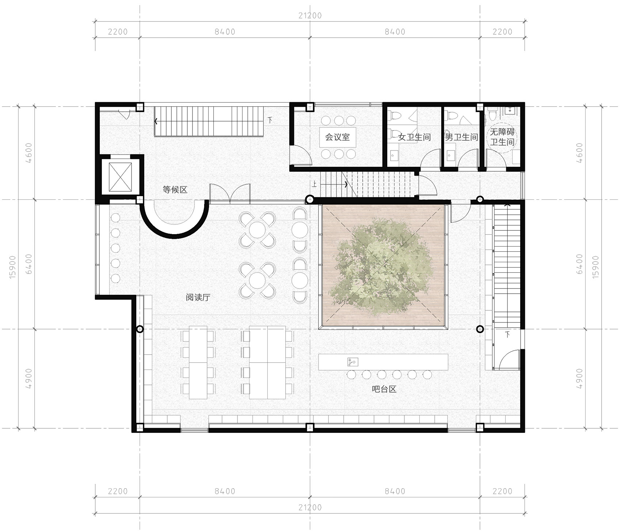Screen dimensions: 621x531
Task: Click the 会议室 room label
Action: [x=338, y=137]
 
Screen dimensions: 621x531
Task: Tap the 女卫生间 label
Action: [x=414, y=137]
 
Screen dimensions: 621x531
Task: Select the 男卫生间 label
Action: [x=461, y=137]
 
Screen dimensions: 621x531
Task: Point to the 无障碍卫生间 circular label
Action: [x=502, y=137]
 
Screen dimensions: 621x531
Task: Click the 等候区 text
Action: [x=175, y=190]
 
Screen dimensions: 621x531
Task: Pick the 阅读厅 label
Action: [x=198, y=297]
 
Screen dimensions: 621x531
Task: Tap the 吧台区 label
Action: [x=384, y=389]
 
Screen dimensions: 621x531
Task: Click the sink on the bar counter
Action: [x=353, y=362]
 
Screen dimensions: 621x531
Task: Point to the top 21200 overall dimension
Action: [x=310, y=16]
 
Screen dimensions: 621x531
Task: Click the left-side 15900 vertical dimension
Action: [x=13, y=267]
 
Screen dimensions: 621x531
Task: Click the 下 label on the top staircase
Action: [x=270, y=119]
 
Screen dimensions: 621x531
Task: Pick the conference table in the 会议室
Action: [x=338, y=137]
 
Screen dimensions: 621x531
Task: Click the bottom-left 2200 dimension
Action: [x=118, y=491]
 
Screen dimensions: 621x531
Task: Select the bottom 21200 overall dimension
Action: [x=310, y=507]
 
